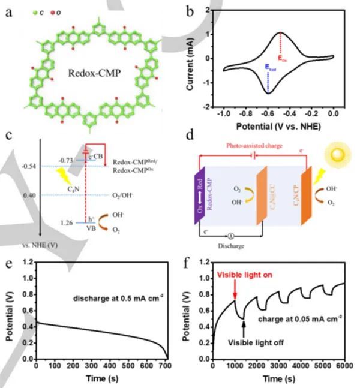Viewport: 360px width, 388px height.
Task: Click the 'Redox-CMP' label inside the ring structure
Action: [92, 74]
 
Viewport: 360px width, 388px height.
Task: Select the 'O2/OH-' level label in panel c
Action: [128, 195]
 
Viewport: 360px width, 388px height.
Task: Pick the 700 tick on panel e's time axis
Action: [166, 365]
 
